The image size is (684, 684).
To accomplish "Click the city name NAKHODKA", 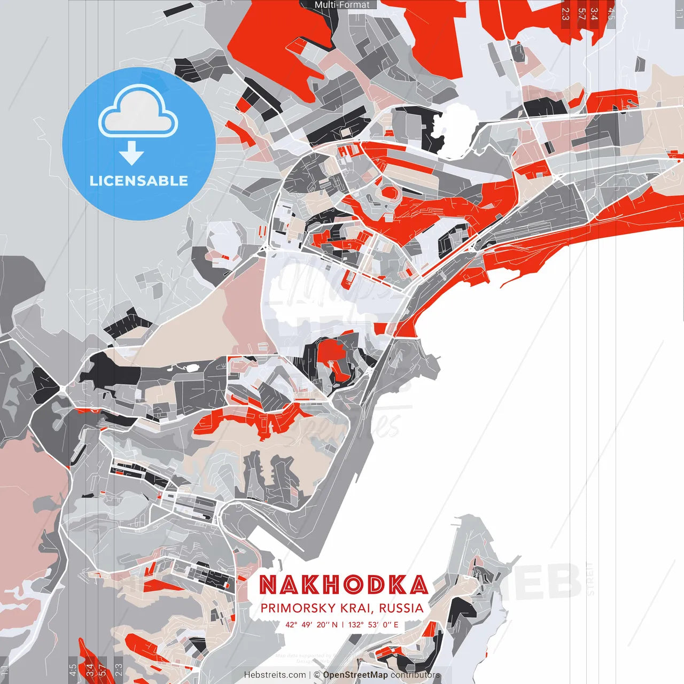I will pyautogui.click(x=344, y=585).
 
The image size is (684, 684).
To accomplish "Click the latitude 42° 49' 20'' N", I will pyautogui.click(x=312, y=624).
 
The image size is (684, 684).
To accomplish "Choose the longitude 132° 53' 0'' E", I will pyautogui.click(x=374, y=624).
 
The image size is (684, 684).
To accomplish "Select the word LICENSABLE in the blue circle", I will pyautogui.click(x=139, y=181).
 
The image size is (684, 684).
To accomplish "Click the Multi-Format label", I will pyautogui.click(x=342, y=5).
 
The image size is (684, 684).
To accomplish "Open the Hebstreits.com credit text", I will pyautogui.click(x=275, y=675).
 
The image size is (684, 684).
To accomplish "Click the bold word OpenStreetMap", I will pyautogui.click(x=355, y=675).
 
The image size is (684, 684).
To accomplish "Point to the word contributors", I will pyautogui.click(x=415, y=675).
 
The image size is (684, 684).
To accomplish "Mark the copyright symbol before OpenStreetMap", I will pyautogui.click(x=317, y=675).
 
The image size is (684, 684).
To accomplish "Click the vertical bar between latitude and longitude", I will pyautogui.click(x=343, y=624).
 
